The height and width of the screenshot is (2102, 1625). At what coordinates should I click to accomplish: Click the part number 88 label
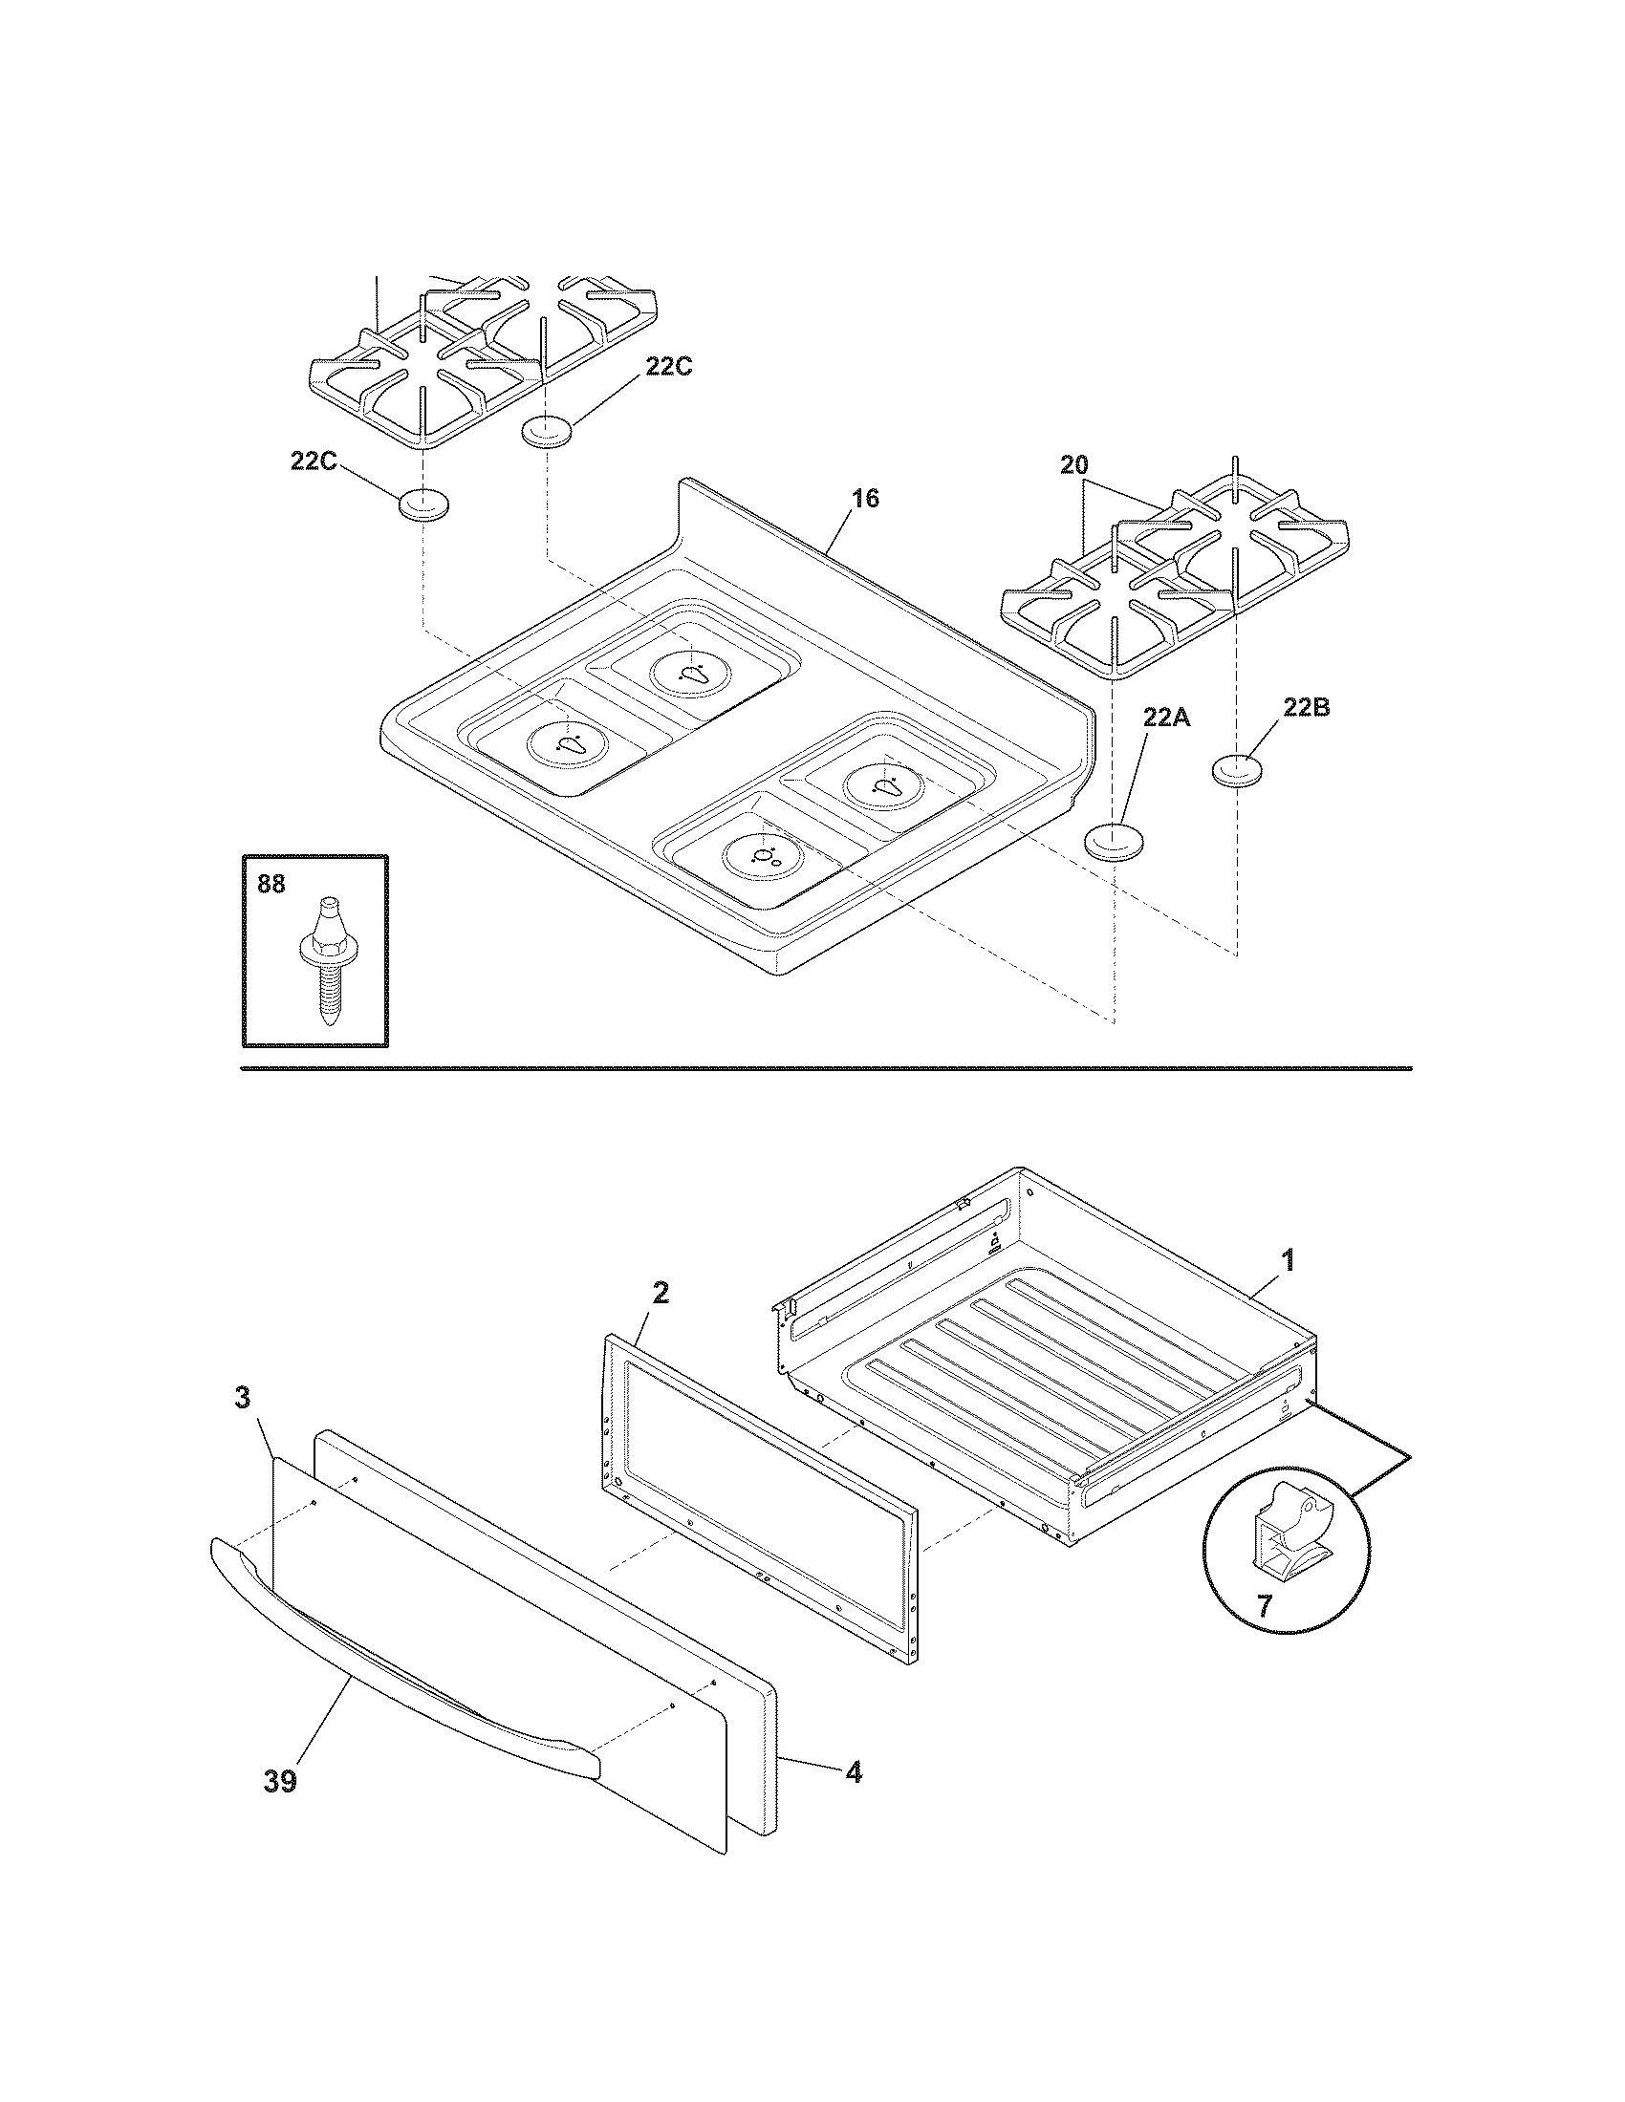point(271,884)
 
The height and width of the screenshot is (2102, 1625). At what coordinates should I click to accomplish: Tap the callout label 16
point(864,499)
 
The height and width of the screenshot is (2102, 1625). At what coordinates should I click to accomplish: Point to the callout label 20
point(1074,465)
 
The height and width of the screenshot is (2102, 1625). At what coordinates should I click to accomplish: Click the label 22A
point(1167,717)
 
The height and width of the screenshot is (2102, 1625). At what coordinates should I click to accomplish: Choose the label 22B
point(1307,707)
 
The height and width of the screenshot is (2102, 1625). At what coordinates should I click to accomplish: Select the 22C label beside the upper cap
point(668,367)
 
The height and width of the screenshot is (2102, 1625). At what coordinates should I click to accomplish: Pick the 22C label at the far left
point(314,461)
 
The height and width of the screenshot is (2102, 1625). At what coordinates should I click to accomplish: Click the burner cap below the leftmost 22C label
point(423,504)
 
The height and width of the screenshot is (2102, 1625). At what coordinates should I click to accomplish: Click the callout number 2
point(660,1293)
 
